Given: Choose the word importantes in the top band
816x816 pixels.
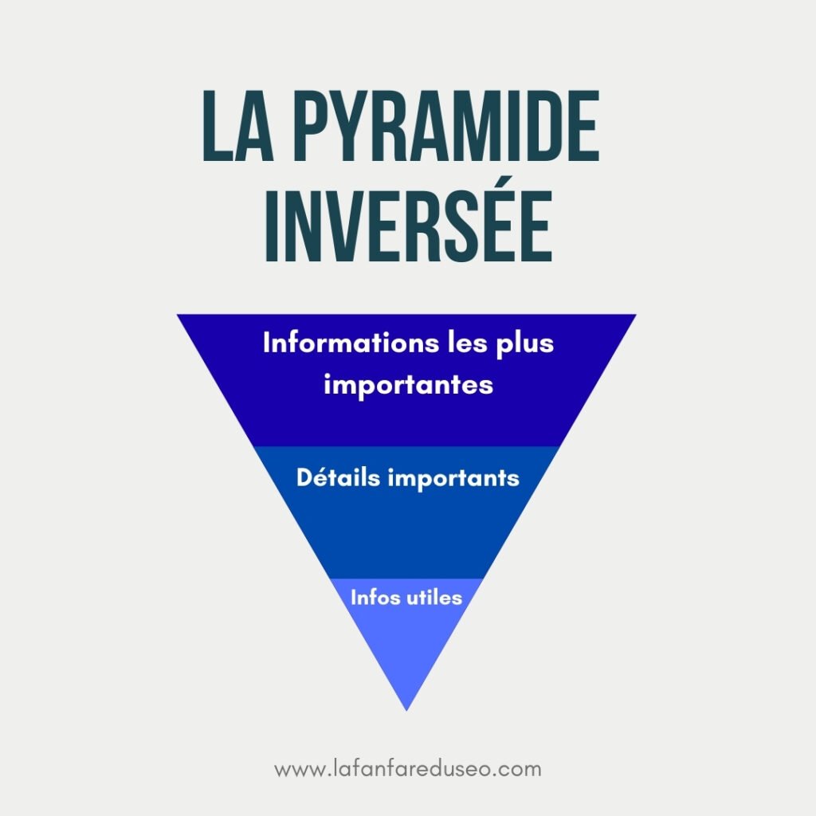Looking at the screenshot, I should (409, 384).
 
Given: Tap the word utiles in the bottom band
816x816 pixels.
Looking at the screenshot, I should (434, 597).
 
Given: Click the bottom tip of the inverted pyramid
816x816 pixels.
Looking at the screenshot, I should (406, 708).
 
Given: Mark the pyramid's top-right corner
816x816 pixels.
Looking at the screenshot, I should (634, 316).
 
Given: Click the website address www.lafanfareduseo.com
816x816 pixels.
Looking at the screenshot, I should (407, 770).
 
